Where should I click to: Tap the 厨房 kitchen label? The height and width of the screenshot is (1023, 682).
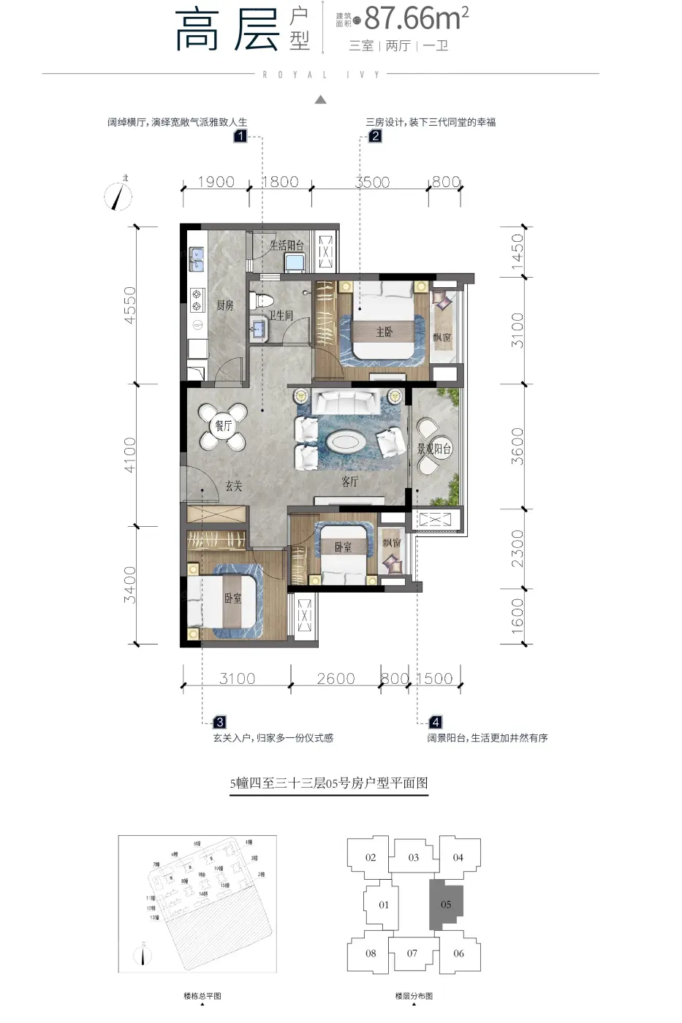point(225,305)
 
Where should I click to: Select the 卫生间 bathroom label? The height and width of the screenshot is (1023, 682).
point(281,315)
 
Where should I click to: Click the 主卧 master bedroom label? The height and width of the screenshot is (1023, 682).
point(384,332)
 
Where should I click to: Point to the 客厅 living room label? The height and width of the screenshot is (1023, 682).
point(350,482)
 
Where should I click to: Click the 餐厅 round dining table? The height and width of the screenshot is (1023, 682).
point(223,426)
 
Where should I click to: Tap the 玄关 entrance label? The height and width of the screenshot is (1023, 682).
point(233,486)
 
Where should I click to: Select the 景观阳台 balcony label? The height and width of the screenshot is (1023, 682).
point(434,449)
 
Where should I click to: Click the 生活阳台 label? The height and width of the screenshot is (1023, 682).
point(287,246)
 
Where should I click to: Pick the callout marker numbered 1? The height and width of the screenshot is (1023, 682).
point(240,135)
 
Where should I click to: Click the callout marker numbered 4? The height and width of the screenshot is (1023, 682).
point(436,722)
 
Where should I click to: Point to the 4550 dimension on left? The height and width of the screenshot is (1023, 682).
point(129,305)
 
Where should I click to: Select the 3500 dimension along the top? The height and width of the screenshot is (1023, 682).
point(372,182)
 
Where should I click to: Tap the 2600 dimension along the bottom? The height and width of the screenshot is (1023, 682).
point(336,679)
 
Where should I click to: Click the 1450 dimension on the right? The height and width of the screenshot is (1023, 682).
point(518,251)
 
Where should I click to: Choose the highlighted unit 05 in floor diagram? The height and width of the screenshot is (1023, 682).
point(446,905)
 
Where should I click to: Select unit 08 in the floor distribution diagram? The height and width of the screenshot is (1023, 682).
point(371,953)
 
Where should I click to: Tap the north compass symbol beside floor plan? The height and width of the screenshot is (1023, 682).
point(118,195)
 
